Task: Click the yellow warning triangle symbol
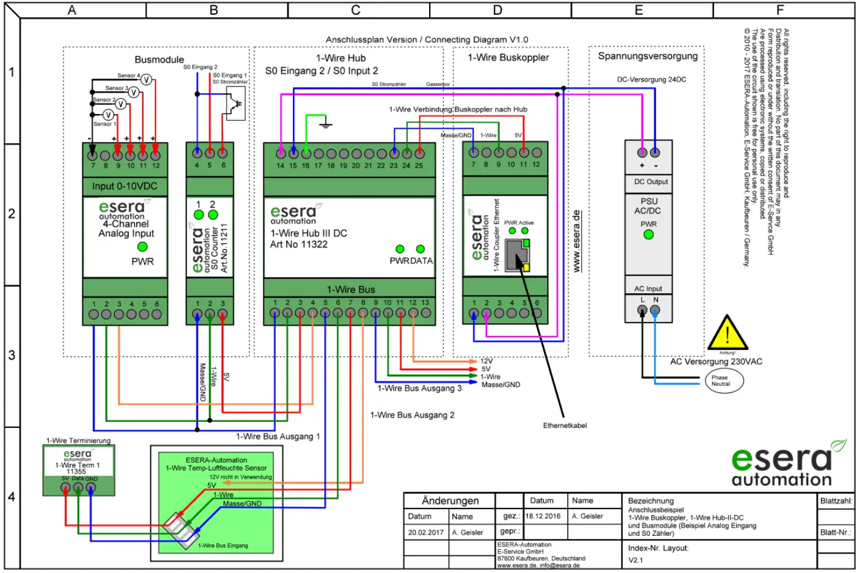pos(727,333)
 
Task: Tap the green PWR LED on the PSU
pos(648,234)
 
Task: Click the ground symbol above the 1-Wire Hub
pos(326,124)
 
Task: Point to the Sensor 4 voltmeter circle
pos(146,80)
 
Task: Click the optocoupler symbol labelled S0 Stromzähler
pos(236,103)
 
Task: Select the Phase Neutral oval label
pos(724,381)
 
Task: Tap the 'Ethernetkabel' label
pos(565,425)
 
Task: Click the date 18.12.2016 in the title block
pos(543,516)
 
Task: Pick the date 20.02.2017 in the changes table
pos(425,532)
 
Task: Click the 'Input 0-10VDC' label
pos(125,186)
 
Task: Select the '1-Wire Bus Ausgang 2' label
pos(412,415)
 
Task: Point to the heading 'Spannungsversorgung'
pos(648,56)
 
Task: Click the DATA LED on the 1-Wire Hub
pos(420,249)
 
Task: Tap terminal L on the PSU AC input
pos(642,310)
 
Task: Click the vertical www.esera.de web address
pos(577,241)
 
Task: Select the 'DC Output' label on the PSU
pos(651,182)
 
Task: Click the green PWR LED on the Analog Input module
pos(142,247)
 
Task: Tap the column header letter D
pos(497,10)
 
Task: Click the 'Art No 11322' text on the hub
pos(298,244)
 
